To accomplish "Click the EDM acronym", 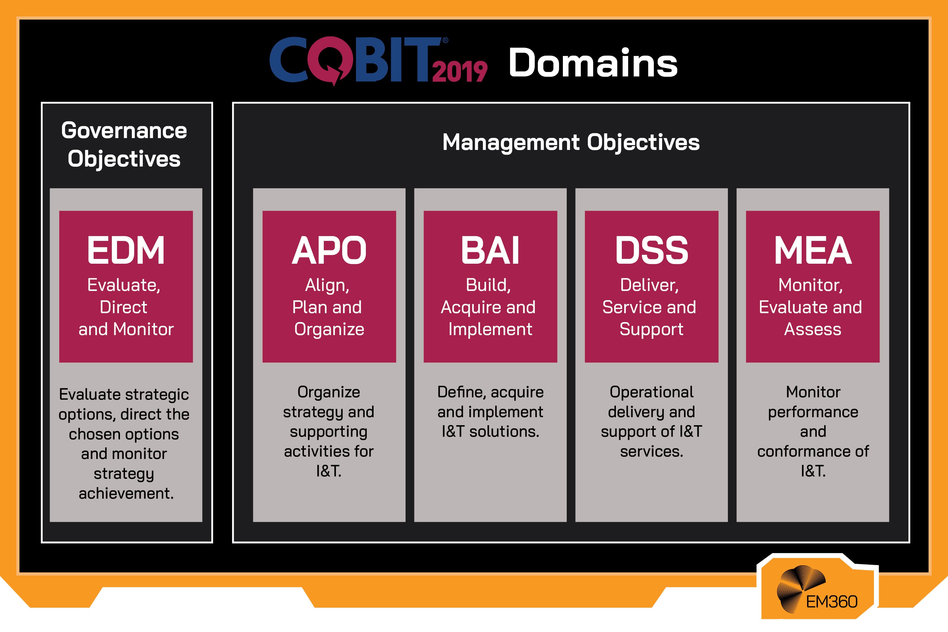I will (x=126, y=250).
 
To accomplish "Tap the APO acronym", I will (x=329, y=250).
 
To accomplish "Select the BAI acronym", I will (x=490, y=250).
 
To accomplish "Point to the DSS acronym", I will (x=651, y=250).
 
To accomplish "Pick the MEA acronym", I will (x=813, y=250).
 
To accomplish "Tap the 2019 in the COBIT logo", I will (x=460, y=72).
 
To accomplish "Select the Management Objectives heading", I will (x=571, y=142).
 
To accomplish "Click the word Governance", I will (x=124, y=131).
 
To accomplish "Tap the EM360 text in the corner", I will (x=832, y=602).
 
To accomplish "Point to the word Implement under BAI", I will (x=490, y=329).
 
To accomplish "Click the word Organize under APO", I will (x=329, y=329).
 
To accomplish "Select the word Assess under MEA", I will (x=813, y=329).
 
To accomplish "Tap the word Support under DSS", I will (x=651, y=329).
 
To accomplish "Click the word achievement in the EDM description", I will (x=126, y=493).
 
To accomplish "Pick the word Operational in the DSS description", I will (x=651, y=392).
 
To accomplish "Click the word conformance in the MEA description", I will (x=813, y=452).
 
